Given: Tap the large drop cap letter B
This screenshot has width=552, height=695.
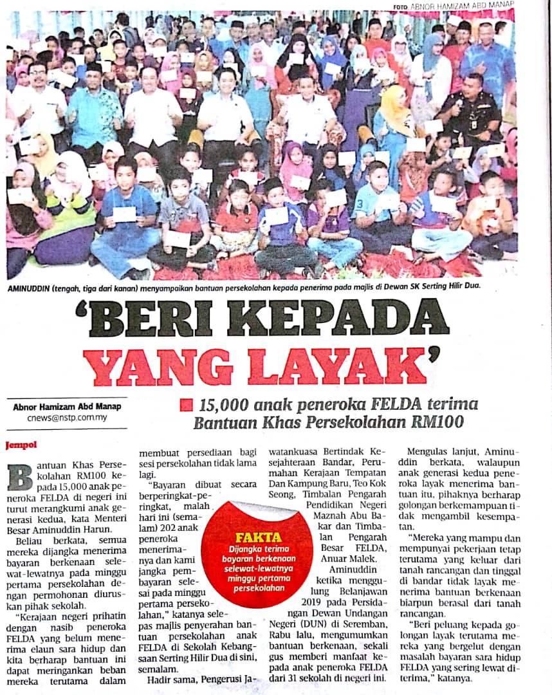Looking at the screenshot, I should tap(19, 476).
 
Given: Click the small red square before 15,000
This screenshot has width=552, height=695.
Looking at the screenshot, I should tap(186, 405).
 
